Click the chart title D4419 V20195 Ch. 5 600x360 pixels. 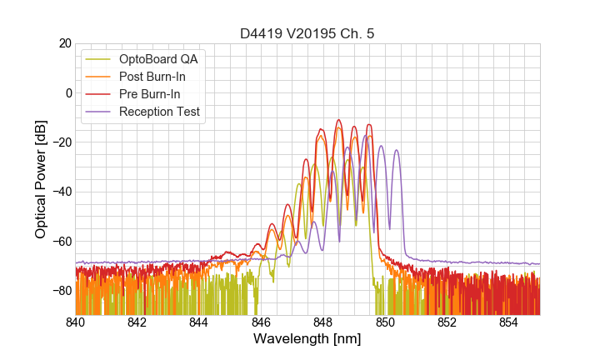tap(307, 33)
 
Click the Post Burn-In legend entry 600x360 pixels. tap(152, 77)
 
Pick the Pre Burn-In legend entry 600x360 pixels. tap(150, 94)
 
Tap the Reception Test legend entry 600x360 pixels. tap(159, 112)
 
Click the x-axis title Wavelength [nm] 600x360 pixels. tap(307, 339)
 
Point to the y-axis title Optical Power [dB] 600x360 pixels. tap(41, 179)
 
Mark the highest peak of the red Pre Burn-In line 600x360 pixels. tap(338, 120)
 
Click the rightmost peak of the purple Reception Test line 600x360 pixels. tap(397, 150)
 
